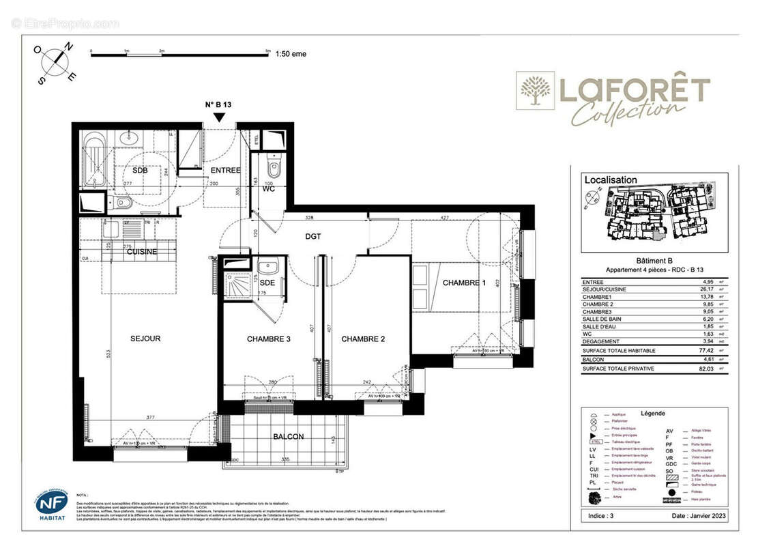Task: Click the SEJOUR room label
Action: click(145, 339)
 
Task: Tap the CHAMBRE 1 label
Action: click(464, 283)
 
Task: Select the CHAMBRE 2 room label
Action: click(364, 339)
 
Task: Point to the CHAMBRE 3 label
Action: click(269, 339)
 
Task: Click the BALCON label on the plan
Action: click(289, 436)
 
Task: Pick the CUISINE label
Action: click(142, 252)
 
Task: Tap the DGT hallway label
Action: click(313, 237)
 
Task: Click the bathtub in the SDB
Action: click(93, 162)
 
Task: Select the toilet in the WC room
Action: click(274, 169)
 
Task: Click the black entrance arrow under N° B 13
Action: click(219, 117)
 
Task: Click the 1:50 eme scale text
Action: click(291, 57)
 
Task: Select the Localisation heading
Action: click(611, 180)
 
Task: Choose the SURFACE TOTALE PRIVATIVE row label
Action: click(618, 369)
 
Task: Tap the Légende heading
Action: click(653, 414)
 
